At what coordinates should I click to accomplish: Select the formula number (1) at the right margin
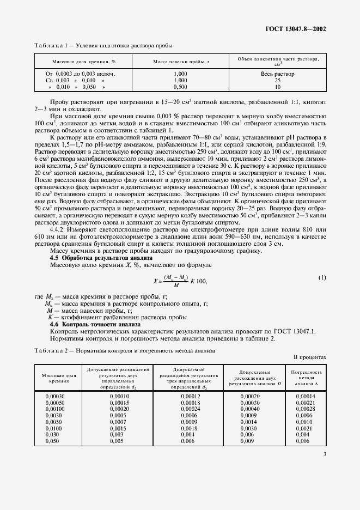pos(322,278)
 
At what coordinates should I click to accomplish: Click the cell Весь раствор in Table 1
pos(277,73)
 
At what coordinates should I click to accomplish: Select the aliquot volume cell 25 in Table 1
pos(277,80)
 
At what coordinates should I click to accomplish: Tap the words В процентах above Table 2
pos(309,357)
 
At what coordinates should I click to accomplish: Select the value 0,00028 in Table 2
pos(307,409)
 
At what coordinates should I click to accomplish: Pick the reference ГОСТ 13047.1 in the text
pos(302,331)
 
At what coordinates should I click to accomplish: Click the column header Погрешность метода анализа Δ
pos(307,378)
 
